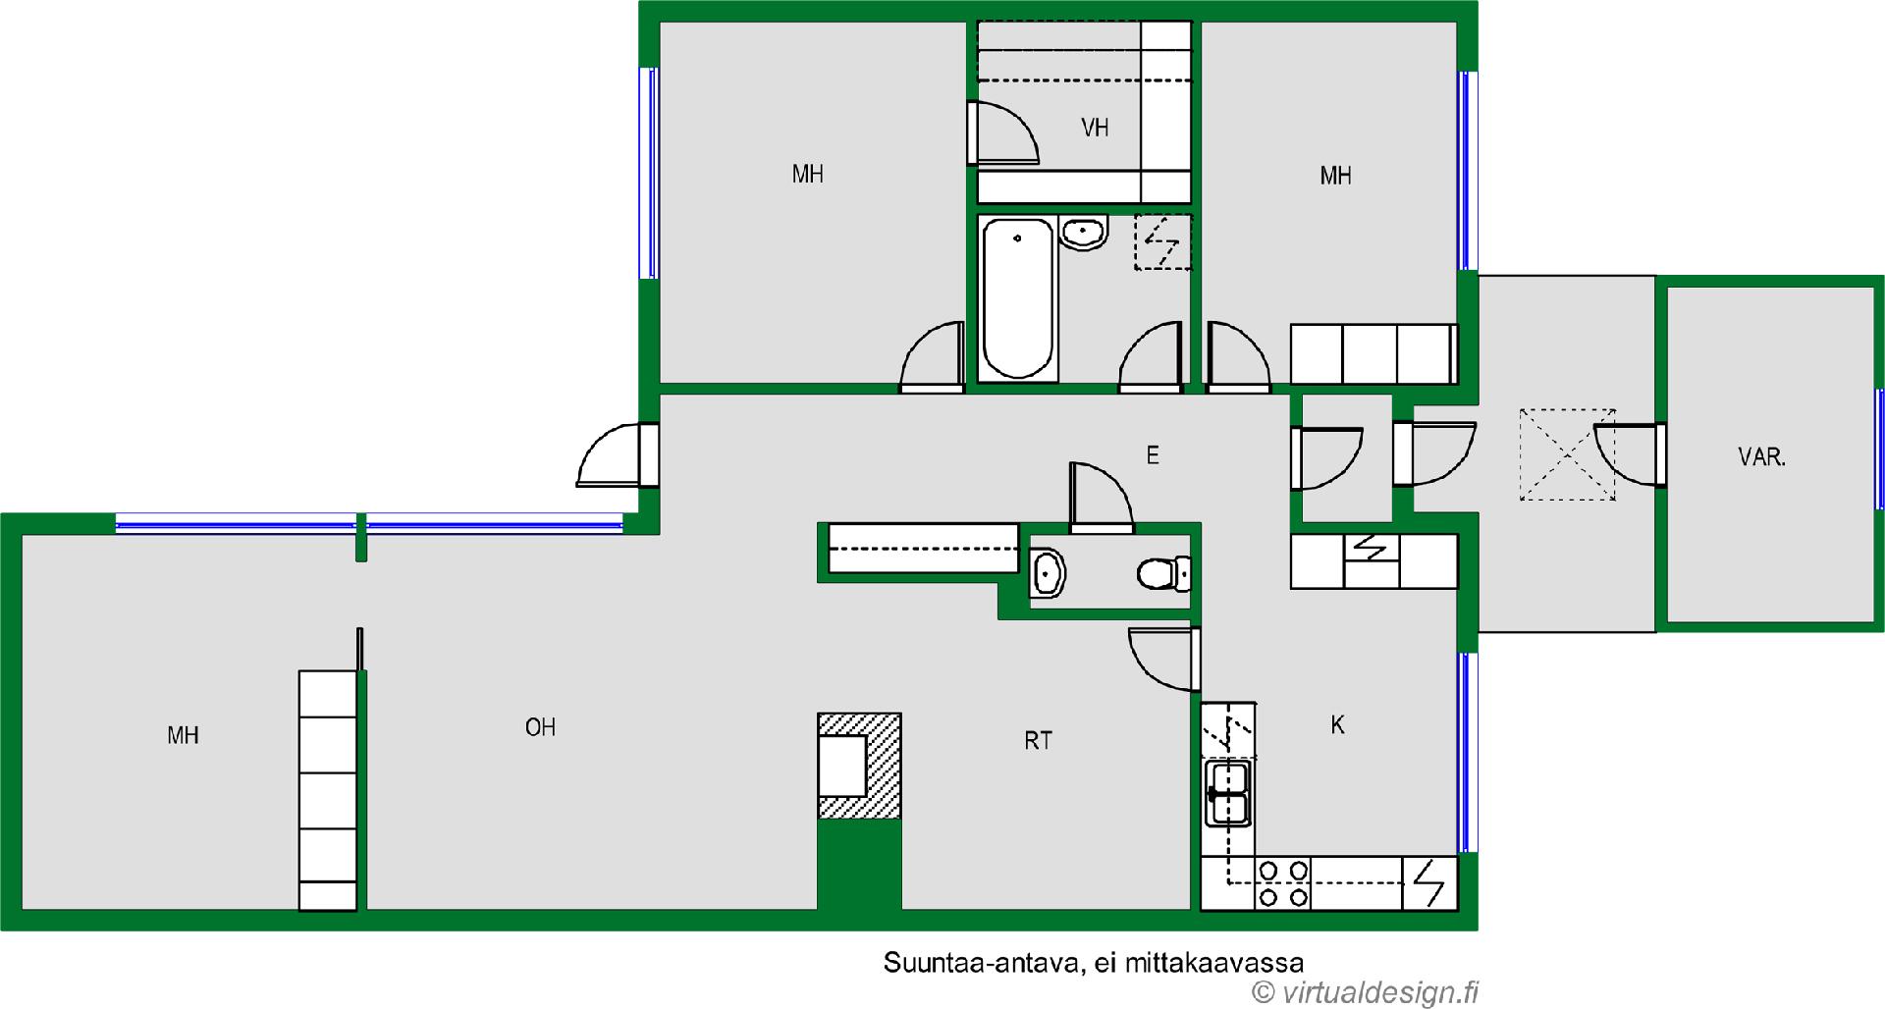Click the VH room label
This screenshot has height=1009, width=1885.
pos(1095,128)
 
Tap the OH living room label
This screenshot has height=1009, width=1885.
pos(540,727)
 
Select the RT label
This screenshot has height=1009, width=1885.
pos(1038,741)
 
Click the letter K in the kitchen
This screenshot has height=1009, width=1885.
pos(1337,725)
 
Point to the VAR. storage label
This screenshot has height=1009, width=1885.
pos(1761,457)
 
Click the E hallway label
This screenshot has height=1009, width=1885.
pos(1153,455)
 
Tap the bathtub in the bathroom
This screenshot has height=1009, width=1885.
pos(1018,298)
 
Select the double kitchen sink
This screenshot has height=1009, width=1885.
pos(1228,793)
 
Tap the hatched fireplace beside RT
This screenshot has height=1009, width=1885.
pos(859,766)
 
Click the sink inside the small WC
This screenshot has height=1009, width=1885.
pos(1048,573)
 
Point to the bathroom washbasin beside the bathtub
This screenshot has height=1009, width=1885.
pos(1084,233)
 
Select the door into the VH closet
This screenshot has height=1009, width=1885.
pos(1002,133)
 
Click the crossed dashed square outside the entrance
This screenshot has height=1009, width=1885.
pos(1567,454)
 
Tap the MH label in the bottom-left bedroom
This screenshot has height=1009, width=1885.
pos(183,735)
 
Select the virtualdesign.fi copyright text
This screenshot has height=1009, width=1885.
pos(1366,992)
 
